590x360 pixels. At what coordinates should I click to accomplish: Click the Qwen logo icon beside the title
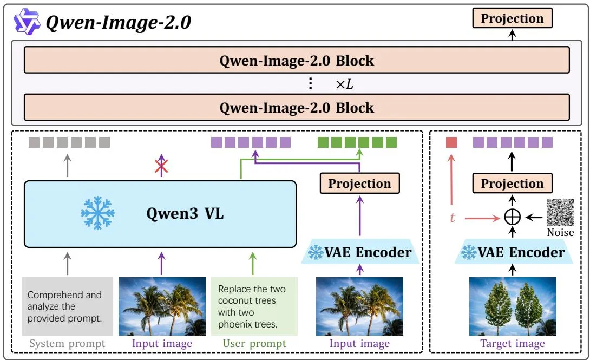click(27, 22)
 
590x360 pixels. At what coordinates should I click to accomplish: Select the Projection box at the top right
click(512, 18)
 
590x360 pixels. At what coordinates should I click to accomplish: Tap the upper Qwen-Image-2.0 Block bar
click(297, 60)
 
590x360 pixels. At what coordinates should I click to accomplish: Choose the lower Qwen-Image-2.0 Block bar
click(297, 107)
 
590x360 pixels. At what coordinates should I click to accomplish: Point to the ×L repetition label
click(344, 84)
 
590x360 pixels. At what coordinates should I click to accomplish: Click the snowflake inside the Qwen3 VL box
click(97, 213)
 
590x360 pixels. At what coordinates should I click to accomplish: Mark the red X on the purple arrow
click(161, 166)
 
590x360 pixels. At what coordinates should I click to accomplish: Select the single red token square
click(451, 142)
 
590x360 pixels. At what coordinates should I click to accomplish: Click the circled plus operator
click(512, 217)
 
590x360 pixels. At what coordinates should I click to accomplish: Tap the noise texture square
click(561, 212)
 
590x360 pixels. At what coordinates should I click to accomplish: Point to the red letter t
click(453, 218)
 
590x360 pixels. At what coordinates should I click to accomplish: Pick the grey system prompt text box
click(68, 306)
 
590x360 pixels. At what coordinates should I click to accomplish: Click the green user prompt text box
click(254, 306)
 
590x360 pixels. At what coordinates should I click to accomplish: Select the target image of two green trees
click(513, 306)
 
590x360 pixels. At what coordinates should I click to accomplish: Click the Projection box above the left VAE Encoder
click(359, 183)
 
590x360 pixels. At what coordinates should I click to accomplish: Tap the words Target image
click(513, 343)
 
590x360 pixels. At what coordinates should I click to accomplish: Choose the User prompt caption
click(254, 343)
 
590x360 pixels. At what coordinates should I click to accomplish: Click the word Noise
click(560, 232)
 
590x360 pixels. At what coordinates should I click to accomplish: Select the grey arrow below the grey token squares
click(67, 165)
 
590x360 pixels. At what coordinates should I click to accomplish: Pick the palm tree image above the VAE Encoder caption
click(360, 306)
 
